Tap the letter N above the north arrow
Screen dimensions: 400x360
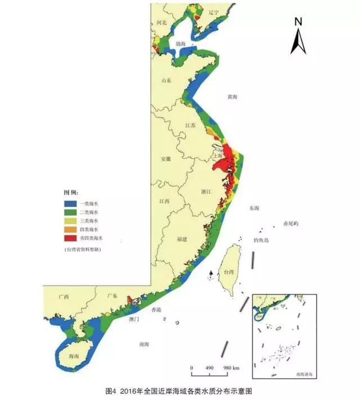click(x=299, y=22)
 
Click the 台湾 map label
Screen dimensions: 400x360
click(x=228, y=272)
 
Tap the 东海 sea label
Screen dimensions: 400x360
click(x=254, y=208)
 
